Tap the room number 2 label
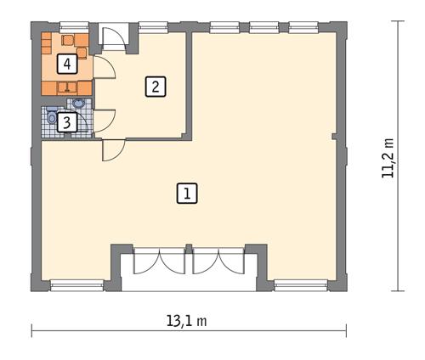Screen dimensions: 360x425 (x=154, y=86)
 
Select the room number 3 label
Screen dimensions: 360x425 (x=68, y=122)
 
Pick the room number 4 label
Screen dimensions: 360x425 (x=66, y=64)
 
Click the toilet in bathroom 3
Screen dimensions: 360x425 (x=53, y=119)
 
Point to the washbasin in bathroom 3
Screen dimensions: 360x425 (x=79, y=104)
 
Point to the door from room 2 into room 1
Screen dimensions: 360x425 (x=112, y=149)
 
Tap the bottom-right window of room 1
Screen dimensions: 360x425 (x=302, y=283)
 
